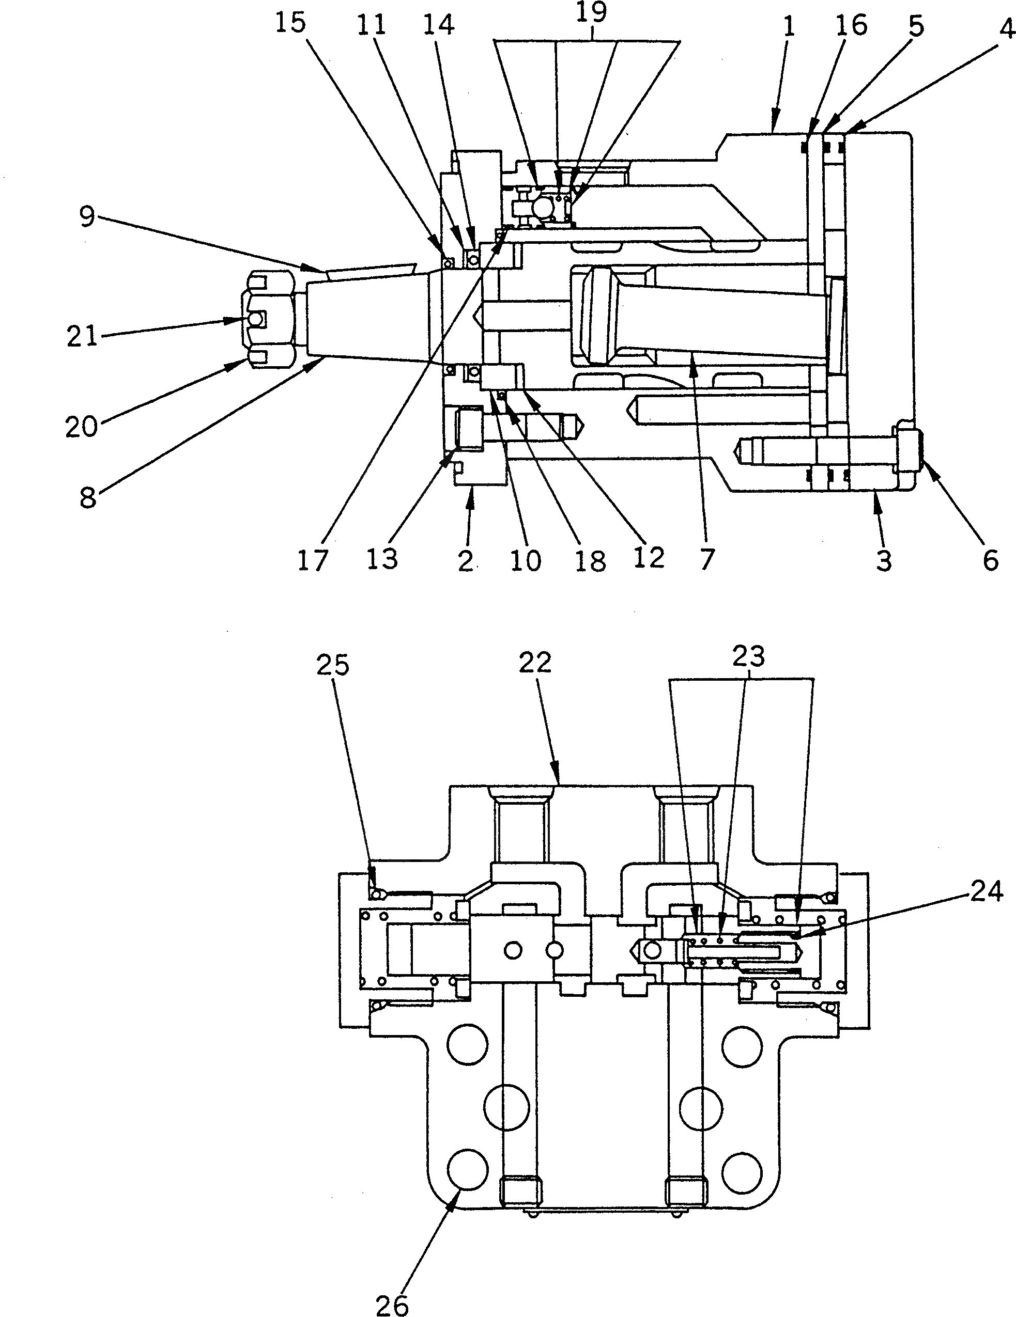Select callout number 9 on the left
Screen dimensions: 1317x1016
87,216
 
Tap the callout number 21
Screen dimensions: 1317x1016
82,336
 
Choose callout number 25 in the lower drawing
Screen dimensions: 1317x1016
333,665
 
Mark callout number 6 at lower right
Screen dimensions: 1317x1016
991,560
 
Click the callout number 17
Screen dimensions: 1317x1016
313,560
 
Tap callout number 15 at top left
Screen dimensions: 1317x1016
291,24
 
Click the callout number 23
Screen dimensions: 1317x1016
749,655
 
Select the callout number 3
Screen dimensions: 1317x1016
884,560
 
